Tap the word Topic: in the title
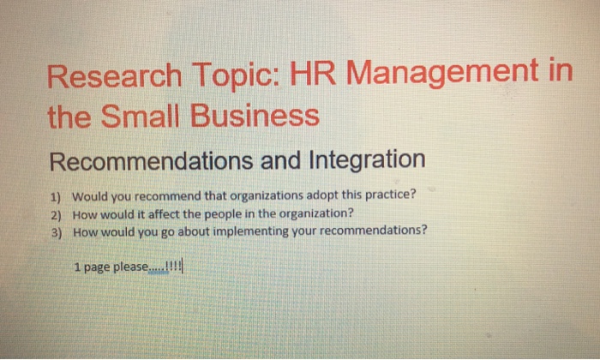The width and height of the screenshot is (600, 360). pyautogui.click(x=231, y=78)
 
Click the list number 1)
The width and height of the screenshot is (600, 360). pyautogui.click(x=57, y=195)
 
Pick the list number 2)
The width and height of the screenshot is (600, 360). pyautogui.click(x=57, y=213)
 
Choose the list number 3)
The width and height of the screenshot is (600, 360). pyautogui.click(x=57, y=231)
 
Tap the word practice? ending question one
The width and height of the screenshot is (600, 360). pyautogui.click(x=387, y=194)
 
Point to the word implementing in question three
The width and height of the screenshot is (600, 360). pyautogui.click(x=245, y=231)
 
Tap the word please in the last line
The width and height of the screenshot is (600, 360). pyautogui.click(x=128, y=267)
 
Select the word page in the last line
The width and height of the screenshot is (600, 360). pyautogui.click(x=93, y=267)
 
